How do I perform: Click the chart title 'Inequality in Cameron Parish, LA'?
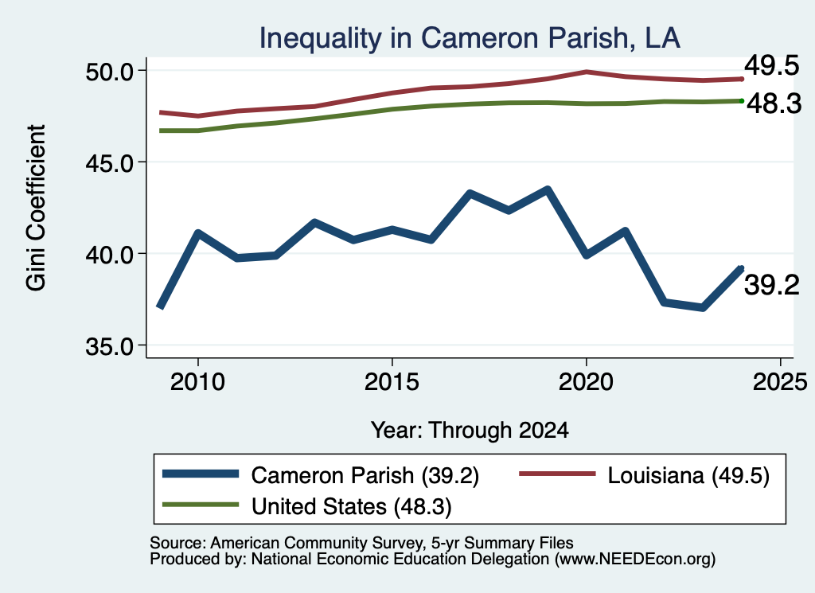470,38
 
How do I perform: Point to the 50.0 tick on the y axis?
110,71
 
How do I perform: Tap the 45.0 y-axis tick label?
110,162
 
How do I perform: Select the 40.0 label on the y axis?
110,255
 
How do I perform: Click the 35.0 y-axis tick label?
110,346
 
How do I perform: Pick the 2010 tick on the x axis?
197,382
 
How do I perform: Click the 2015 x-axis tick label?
392,382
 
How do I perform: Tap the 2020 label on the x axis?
587,382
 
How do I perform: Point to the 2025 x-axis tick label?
780,382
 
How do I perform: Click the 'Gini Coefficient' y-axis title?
37,208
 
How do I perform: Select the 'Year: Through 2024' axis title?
470,431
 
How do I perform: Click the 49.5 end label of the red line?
772,66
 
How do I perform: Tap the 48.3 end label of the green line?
774,103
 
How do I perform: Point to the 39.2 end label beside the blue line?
772,285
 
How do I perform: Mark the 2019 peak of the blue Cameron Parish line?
548,189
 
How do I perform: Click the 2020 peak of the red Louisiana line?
587,72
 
